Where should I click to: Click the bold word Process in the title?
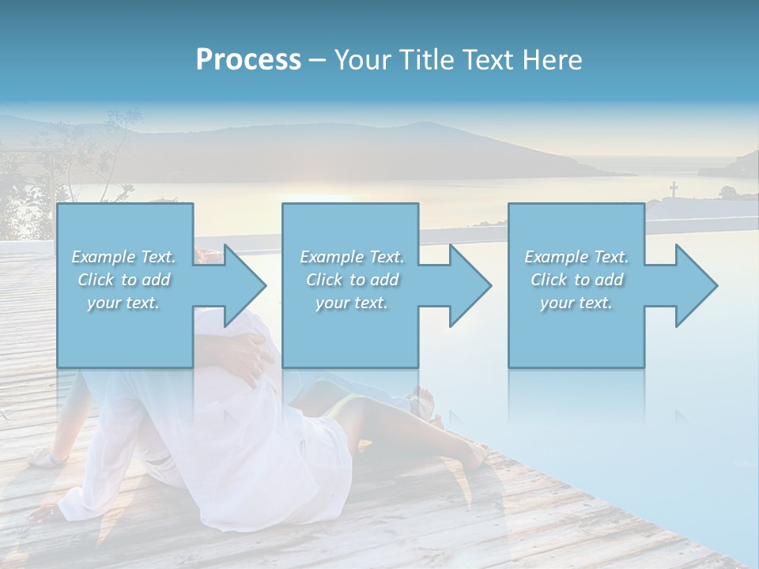[x=248, y=60]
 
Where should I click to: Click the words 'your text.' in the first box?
[x=123, y=303]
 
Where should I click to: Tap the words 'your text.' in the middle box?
[x=351, y=303]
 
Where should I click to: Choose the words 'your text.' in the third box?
[x=576, y=303]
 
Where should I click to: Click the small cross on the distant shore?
[x=674, y=190]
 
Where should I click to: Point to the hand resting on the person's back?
[x=251, y=352]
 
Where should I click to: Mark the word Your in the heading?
[x=361, y=60]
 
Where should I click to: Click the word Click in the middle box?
[x=324, y=280]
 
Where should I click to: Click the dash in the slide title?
[x=317, y=61]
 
